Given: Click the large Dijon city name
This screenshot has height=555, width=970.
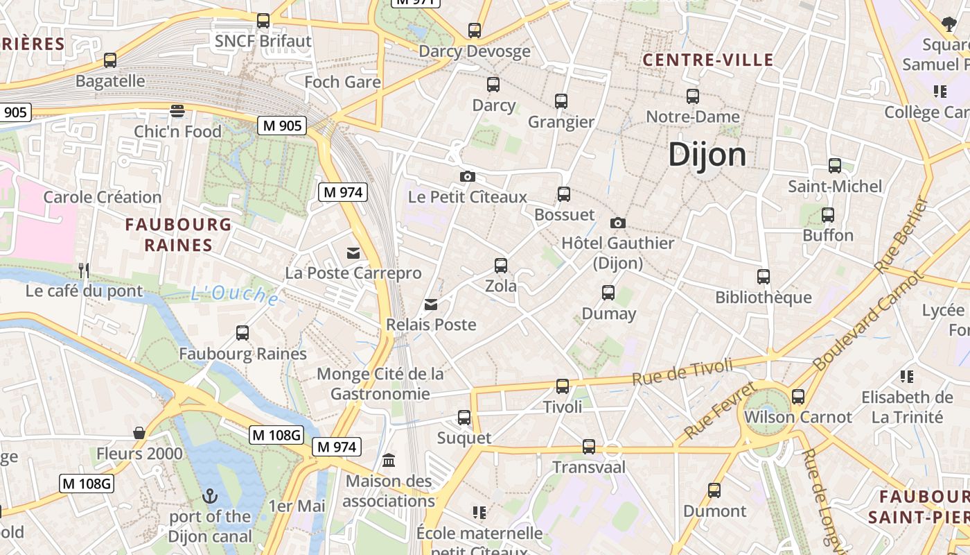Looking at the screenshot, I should click(x=707, y=155).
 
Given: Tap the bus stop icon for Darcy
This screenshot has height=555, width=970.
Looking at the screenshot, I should click(x=493, y=85).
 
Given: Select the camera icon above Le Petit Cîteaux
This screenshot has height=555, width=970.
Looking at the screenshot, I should click(x=468, y=176).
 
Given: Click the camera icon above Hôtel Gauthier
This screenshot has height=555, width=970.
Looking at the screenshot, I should click(x=617, y=223).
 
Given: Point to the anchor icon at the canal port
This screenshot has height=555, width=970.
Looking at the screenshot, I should click(x=209, y=496).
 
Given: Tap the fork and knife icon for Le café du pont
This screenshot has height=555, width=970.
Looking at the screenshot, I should click(x=84, y=270).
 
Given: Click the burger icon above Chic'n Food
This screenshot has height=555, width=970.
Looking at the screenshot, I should click(x=177, y=110).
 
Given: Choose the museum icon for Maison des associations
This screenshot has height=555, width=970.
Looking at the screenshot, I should click(x=389, y=460).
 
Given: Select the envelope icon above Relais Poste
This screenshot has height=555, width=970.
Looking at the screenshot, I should click(x=431, y=304).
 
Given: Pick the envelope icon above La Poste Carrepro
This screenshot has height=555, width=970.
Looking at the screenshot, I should click(x=353, y=253).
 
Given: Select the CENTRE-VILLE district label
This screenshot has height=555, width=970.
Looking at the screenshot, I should click(x=707, y=60).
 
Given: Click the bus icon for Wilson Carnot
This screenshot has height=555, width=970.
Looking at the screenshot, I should click(x=798, y=397).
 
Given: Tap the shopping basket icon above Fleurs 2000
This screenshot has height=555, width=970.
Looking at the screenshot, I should click(x=139, y=433).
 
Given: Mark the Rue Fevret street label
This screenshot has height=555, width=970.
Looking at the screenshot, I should click(x=719, y=410).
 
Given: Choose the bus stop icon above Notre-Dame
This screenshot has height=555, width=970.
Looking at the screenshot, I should click(x=693, y=96).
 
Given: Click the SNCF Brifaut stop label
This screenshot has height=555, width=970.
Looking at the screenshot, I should click(x=263, y=42).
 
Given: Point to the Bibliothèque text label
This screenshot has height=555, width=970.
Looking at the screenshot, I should click(x=764, y=298).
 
